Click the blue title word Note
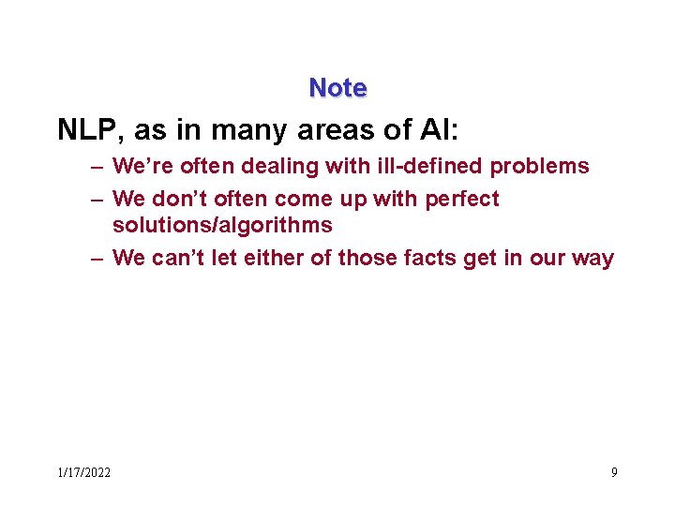[337, 88]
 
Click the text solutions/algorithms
[222, 225]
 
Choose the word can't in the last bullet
[176, 258]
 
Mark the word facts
[427, 258]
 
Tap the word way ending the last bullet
[592, 258]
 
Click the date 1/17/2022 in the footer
[83, 472]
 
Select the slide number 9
[614, 472]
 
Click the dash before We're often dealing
[97, 167]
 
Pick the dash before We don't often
[97, 199]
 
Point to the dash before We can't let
[97, 258]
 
